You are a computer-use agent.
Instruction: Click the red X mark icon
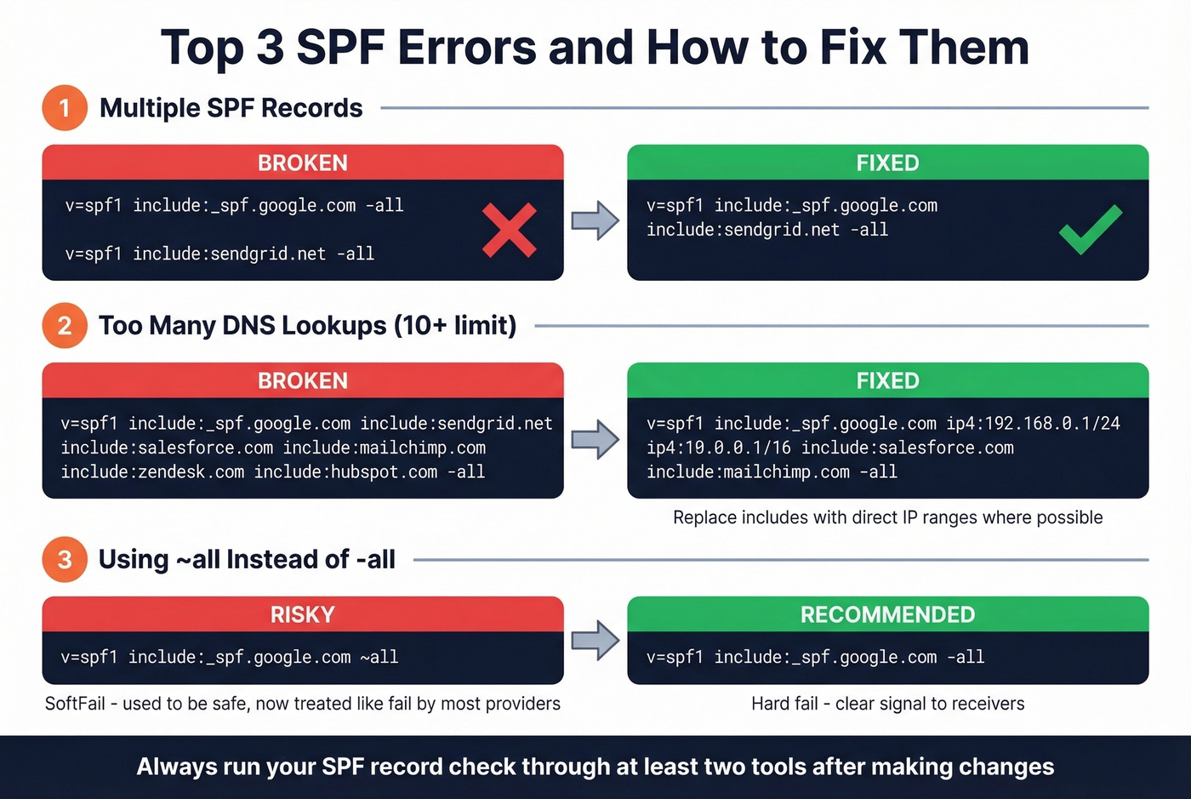[509, 230]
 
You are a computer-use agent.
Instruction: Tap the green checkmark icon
[1090, 230]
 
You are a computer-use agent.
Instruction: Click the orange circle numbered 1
[65, 108]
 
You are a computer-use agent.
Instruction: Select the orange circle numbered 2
[65, 326]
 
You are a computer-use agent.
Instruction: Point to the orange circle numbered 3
[65, 560]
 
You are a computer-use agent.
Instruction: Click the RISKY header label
[303, 614]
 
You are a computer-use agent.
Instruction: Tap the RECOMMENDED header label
[887, 614]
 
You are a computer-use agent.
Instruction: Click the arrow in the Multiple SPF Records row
[595, 221]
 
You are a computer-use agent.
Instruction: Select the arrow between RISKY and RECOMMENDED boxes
[595, 640]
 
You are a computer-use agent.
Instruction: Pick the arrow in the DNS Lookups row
[595, 439]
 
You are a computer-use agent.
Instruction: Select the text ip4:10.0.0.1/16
[718, 448]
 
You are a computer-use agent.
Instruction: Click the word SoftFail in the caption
[75, 704]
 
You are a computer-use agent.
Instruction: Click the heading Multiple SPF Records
[231, 108]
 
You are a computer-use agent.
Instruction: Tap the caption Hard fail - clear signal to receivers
[887, 704]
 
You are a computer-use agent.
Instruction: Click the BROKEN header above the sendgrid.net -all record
[303, 163]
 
